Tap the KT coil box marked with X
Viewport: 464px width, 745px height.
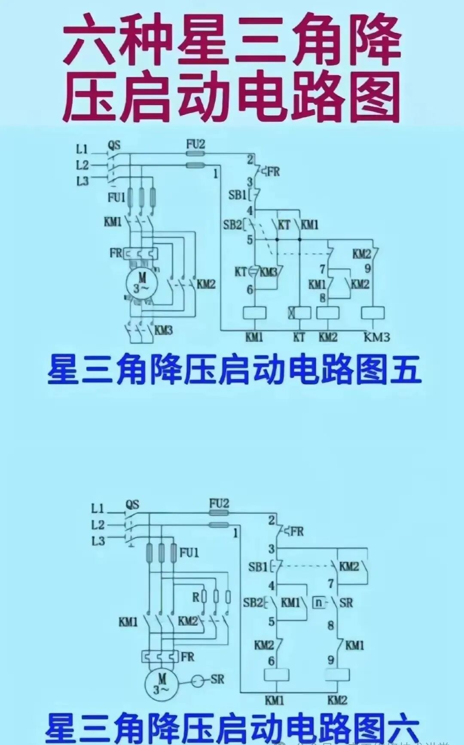point(299,313)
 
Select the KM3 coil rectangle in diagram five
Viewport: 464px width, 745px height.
point(373,313)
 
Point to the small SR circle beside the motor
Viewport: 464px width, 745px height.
point(198,681)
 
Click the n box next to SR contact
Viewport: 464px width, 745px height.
point(318,603)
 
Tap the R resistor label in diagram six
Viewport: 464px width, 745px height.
point(196,597)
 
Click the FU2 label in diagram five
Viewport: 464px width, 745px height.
point(195,144)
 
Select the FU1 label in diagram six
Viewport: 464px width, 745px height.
point(189,552)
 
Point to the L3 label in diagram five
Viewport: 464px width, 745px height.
point(82,181)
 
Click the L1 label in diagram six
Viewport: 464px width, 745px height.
point(98,509)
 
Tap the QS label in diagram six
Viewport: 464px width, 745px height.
point(132,504)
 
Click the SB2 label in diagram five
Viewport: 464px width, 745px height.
point(232,224)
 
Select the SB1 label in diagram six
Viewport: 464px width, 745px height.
point(258,567)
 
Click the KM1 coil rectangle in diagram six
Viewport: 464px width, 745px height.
point(275,675)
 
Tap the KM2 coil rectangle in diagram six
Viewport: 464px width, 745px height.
point(338,675)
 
